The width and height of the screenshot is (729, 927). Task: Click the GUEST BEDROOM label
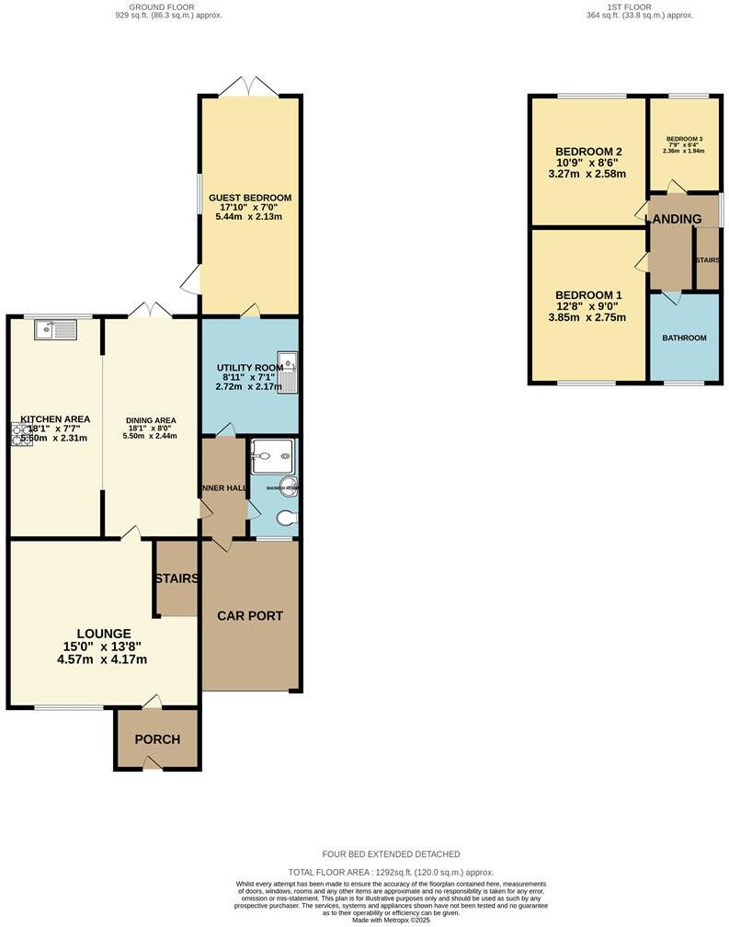tap(250, 198)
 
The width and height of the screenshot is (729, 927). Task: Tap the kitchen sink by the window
tap(54, 328)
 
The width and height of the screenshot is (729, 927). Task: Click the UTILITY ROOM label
tap(249, 368)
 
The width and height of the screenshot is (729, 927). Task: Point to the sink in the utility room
tap(289, 372)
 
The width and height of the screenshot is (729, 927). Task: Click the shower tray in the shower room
tap(271, 451)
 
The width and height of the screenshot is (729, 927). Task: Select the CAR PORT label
tap(250, 615)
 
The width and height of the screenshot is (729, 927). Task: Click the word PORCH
tap(157, 739)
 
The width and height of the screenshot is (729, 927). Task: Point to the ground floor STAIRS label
tap(177, 578)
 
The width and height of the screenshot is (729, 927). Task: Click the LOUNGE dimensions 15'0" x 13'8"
tap(103, 647)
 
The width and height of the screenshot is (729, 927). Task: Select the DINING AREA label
tap(151, 421)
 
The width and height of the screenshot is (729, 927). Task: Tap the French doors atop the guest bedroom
tap(250, 87)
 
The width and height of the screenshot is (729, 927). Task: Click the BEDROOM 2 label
tap(588, 152)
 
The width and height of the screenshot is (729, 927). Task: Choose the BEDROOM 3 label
tap(684, 139)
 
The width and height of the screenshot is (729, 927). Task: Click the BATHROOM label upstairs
tap(684, 338)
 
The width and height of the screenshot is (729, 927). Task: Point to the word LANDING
tap(673, 219)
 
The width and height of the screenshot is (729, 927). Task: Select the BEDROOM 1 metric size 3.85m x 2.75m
tap(587, 318)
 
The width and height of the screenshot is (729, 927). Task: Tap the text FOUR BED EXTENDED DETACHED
tap(391, 854)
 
